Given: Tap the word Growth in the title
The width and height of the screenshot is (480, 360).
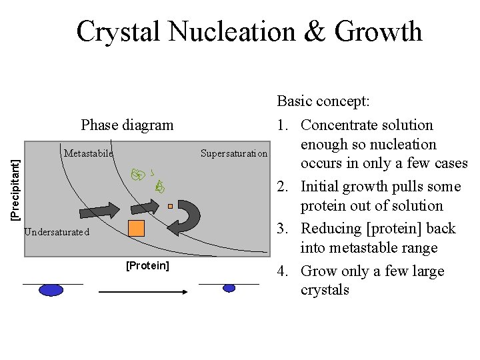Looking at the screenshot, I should coord(378,31).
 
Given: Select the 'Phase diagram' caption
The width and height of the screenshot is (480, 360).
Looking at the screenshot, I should coord(127,125).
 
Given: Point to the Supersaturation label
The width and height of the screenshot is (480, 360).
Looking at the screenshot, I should coord(233,154).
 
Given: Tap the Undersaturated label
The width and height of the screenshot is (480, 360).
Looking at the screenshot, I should coord(56,233).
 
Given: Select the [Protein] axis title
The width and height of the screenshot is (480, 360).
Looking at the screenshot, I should coord(147,266).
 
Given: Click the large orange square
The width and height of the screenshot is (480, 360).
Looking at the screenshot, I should coord(136,228).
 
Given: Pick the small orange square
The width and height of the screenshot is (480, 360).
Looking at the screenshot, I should coord(170,207).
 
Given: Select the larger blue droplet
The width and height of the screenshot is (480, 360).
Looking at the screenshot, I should coord(51,289).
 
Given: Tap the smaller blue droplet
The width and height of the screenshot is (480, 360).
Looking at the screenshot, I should coord(229,288).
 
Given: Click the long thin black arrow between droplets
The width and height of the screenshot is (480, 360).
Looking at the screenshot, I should coord(142,291).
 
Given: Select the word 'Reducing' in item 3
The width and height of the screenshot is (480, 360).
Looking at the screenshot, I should coord(331,228).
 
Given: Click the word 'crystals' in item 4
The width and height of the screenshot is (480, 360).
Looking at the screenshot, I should coord(325,290).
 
